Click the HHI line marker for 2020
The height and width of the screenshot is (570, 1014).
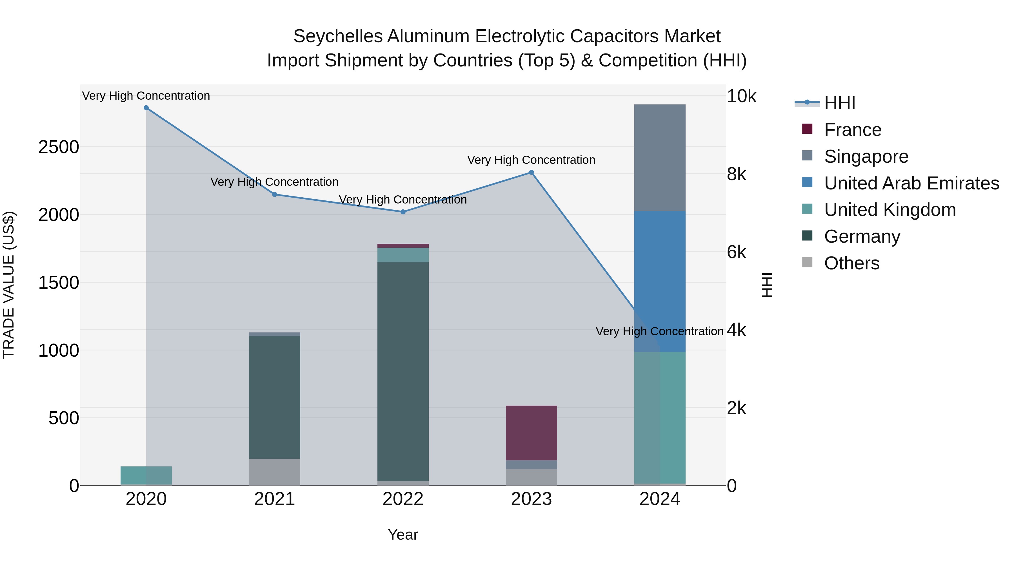pos(146,108)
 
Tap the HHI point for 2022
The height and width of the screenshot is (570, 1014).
pos(403,212)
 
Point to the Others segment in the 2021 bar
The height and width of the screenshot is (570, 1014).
pos(274,472)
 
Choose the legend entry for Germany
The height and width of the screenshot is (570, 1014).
pos(862,236)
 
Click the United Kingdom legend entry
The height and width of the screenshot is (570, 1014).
pos(890,210)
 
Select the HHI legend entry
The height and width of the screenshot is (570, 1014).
pos(839,103)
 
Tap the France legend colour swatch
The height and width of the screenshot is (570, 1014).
pos(807,129)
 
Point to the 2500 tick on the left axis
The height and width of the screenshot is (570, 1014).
pos(59,147)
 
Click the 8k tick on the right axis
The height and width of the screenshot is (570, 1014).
pos(736,174)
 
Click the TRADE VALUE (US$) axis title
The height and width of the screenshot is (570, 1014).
pos(9,285)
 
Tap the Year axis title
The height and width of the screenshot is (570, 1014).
pos(403,535)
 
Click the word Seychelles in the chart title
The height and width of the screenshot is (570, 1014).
pos(338,36)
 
